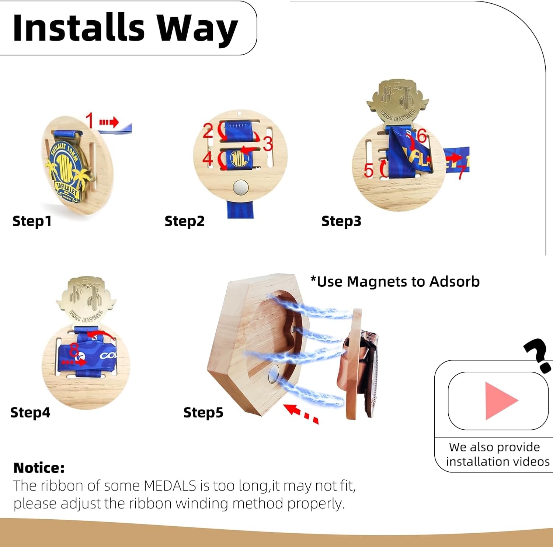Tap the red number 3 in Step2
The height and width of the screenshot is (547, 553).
pyautogui.click(x=268, y=144)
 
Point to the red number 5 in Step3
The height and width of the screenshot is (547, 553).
pyautogui.click(x=368, y=170)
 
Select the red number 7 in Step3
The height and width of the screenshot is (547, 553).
pyautogui.click(x=461, y=172)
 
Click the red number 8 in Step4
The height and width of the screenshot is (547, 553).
pyautogui.click(x=74, y=348)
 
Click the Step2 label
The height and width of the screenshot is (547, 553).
pyautogui.click(x=184, y=221)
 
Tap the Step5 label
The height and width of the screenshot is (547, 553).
pyautogui.click(x=203, y=412)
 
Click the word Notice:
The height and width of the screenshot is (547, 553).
pyautogui.click(x=39, y=468)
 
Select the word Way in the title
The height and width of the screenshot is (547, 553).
pyautogui.click(x=197, y=29)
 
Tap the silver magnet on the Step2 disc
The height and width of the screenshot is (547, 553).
pyautogui.click(x=241, y=188)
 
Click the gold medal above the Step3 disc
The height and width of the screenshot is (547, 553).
pyautogui.click(x=397, y=102)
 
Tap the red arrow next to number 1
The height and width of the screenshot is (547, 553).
pyautogui.click(x=109, y=122)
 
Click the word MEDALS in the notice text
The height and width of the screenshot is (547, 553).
pyautogui.click(x=170, y=486)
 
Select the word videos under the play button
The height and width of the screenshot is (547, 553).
pyautogui.click(x=533, y=461)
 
